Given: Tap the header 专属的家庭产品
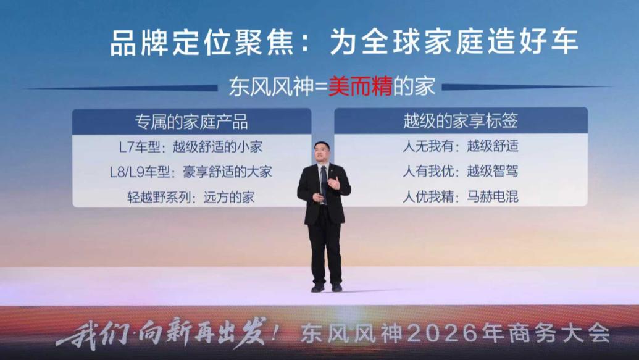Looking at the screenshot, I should click(191, 122).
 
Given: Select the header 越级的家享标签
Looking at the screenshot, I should click(460, 122).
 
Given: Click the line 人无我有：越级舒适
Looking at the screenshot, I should click(460, 148).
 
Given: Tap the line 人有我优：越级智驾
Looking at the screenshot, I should click(460, 172).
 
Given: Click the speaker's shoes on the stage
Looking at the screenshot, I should click(327, 288).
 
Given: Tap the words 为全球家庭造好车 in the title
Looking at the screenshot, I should click(454, 43).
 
